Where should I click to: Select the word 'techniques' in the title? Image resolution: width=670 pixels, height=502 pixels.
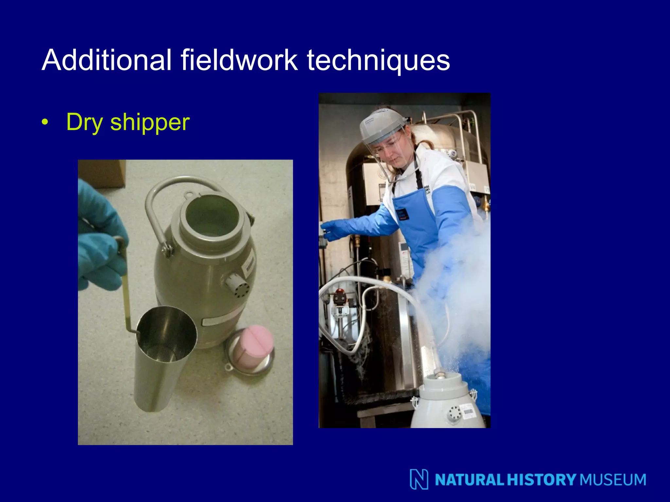tap(378, 60)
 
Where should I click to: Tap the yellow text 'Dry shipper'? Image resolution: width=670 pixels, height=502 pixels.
tap(128, 122)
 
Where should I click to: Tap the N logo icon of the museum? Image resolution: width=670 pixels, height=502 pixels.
tap(419, 479)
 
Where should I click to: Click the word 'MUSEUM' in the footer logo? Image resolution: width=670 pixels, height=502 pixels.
tap(613, 480)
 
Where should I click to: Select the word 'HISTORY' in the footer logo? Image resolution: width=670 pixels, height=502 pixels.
tap(541, 480)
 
